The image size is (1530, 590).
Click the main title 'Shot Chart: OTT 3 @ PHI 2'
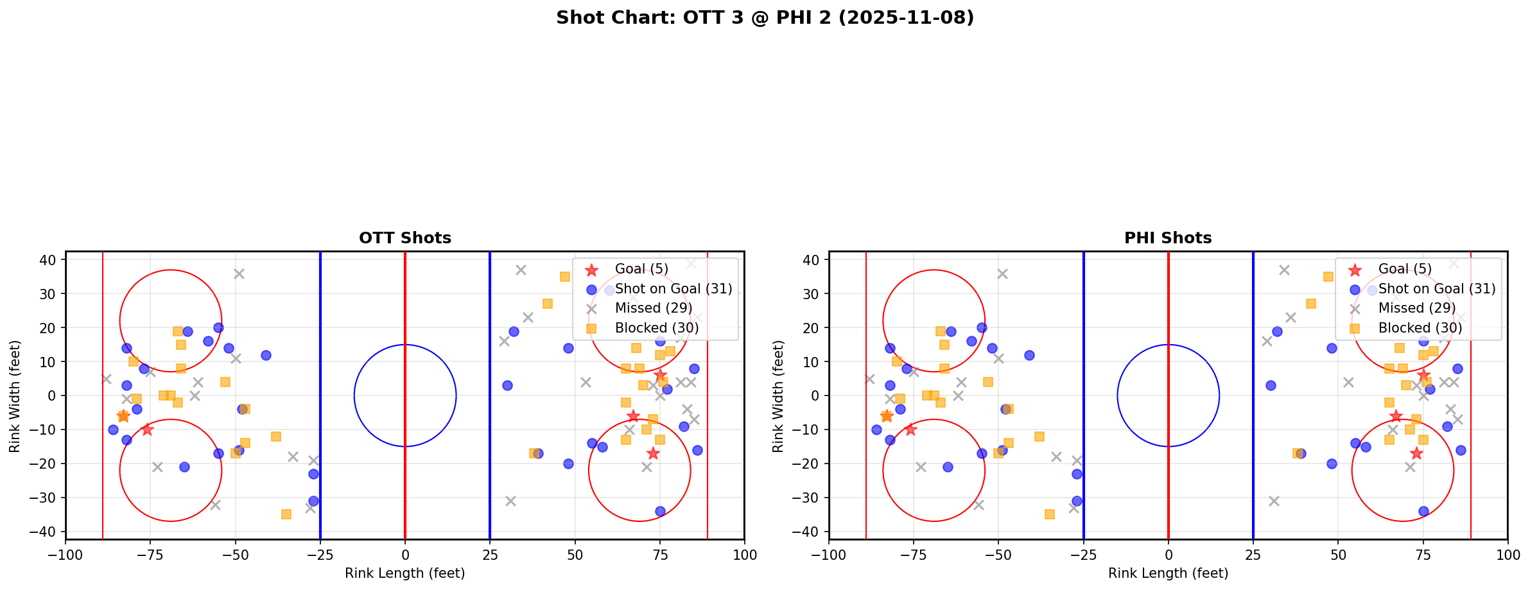(765, 18)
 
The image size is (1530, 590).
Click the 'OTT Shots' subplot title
(404, 238)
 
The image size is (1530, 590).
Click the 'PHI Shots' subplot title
(1167, 238)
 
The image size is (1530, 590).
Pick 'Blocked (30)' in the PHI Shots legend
(1420, 328)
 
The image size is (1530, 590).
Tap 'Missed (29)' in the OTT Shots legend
(653, 308)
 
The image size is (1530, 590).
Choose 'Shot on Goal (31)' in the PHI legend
(1437, 289)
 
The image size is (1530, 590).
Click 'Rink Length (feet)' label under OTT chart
(404, 573)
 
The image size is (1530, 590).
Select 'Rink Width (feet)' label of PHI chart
(778, 396)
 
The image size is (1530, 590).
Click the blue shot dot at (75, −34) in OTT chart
(660, 511)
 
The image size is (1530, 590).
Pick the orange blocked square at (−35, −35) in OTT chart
(286, 514)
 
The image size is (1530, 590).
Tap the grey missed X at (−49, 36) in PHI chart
(1002, 273)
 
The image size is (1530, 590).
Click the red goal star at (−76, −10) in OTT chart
(147, 429)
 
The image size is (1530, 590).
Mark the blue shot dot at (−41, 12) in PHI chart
(1029, 355)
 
